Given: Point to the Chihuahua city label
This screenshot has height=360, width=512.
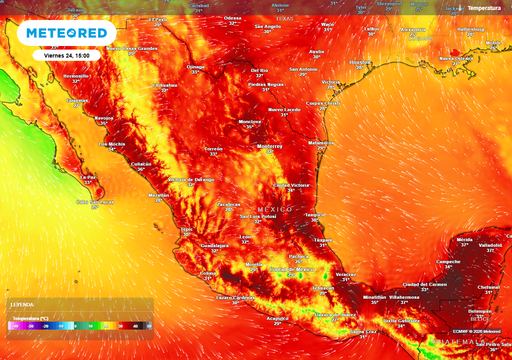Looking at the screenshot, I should click(164, 85).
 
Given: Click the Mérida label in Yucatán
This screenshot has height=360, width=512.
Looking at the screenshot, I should click(464, 240).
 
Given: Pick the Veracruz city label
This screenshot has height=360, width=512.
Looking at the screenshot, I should click(346, 273).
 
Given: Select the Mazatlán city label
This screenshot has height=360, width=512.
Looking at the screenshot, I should click(159, 196).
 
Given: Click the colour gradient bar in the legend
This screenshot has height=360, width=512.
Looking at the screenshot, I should click(80, 324).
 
